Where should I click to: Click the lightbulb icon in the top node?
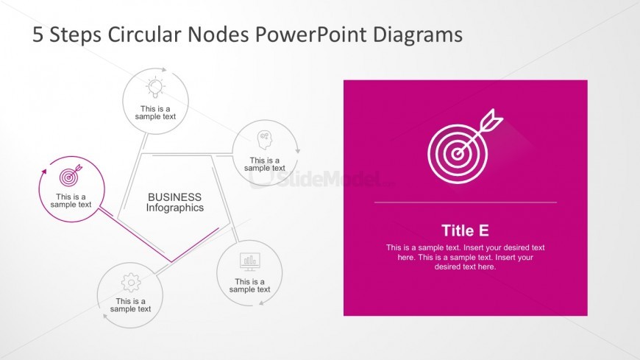click(x=155, y=88)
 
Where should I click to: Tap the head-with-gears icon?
click(x=265, y=140)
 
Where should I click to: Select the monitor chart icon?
click(x=250, y=262)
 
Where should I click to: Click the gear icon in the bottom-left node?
click(x=131, y=283)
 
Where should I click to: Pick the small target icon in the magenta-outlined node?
click(x=70, y=176)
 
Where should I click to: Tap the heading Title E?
click(x=465, y=230)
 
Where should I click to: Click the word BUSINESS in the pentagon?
click(x=174, y=197)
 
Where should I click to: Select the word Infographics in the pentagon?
click(x=174, y=208)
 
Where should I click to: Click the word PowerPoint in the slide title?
click(x=311, y=35)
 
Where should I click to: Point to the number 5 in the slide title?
click(x=38, y=35)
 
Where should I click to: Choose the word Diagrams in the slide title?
click(x=418, y=35)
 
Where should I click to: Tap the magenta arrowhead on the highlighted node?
click(x=44, y=171)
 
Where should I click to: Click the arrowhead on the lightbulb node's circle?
click(x=164, y=70)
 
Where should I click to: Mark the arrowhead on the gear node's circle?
click(x=105, y=317)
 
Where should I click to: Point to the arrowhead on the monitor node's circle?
click(x=262, y=303)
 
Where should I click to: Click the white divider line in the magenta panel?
click(x=466, y=202)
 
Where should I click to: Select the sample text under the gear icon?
click(x=131, y=306)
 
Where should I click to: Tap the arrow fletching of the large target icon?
click(x=493, y=119)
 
